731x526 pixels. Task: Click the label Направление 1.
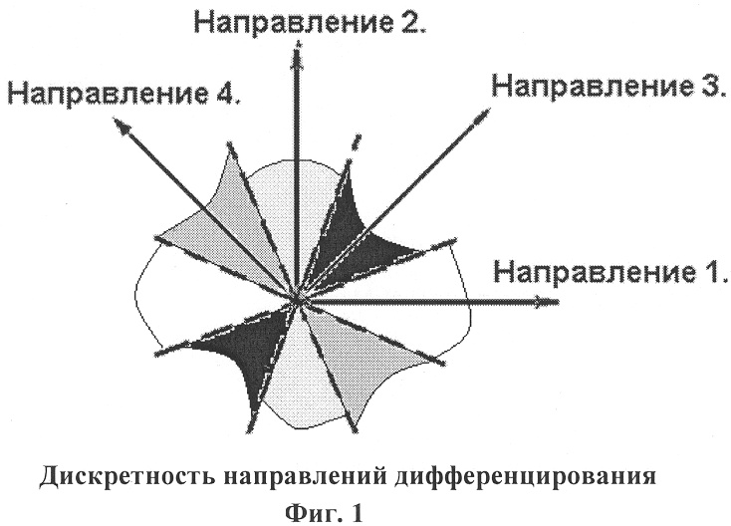pyautogui.click(x=610, y=272)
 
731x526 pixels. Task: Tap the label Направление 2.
pyautogui.click(x=310, y=21)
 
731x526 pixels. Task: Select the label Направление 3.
pyautogui.click(x=609, y=87)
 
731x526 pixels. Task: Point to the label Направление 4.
pyautogui.click(x=124, y=94)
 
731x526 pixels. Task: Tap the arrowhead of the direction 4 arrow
pyautogui.click(x=122, y=126)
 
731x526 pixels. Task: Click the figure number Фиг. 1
pyautogui.click(x=324, y=513)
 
